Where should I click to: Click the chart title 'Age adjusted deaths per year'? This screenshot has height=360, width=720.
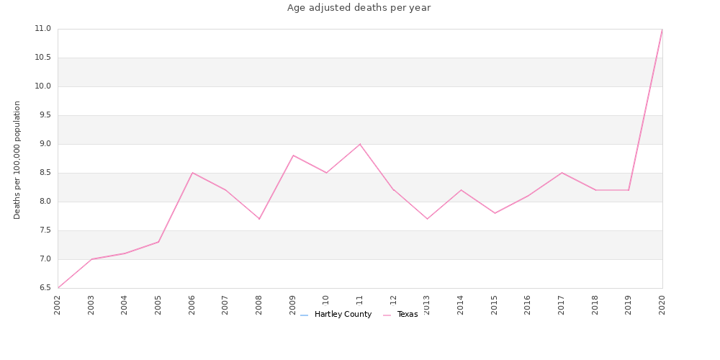click(x=359, y=8)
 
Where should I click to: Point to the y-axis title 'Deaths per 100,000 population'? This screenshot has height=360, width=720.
click(x=17, y=160)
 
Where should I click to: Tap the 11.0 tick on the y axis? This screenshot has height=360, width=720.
click(x=42, y=29)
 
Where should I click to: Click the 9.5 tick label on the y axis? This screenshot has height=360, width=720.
click(x=42, y=115)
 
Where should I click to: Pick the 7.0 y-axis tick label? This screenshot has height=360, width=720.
click(x=42, y=259)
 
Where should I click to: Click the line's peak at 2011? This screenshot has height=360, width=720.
click(x=360, y=144)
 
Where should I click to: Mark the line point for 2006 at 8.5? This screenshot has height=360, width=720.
click(x=192, y=173)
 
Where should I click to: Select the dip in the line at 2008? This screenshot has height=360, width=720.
click(x=259, y=219)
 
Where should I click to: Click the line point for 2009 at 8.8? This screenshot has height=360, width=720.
click(x=293, y=156)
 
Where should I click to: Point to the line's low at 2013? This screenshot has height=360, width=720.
click(x=427, y=219)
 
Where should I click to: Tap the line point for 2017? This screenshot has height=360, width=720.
click(x=562, y=173)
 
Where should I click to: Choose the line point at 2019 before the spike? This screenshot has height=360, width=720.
click(x=629, y=190)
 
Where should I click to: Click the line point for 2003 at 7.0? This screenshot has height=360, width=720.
click(x=91, y=259)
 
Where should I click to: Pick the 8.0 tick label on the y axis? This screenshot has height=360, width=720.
click(x=42, y=202)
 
